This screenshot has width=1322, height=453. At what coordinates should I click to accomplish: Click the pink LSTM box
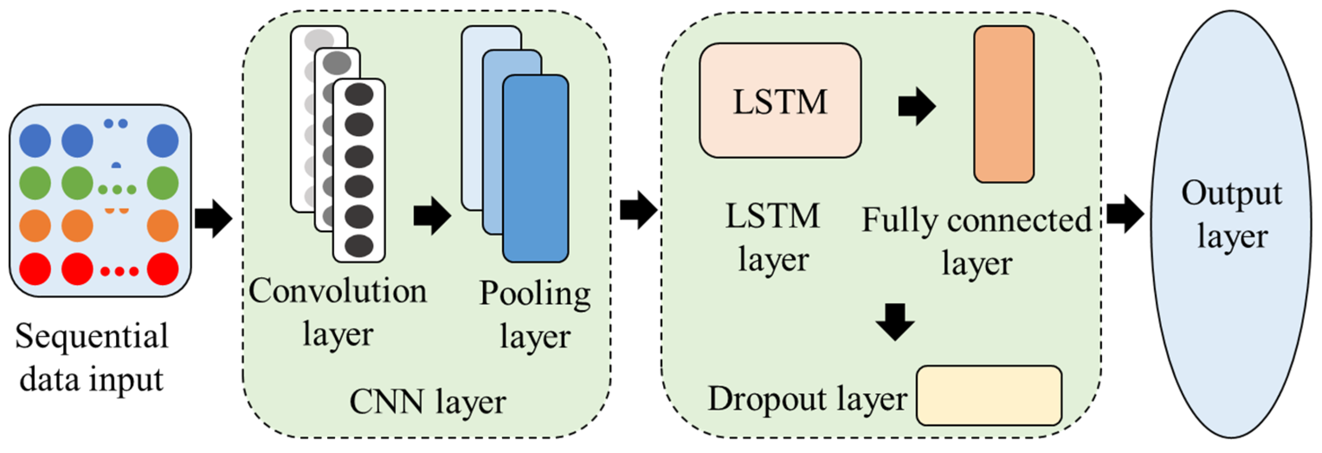coord(779,101)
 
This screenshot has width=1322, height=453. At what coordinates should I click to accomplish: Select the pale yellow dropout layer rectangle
coord(988,396)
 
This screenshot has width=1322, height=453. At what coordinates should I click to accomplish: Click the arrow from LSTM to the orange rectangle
coord(917,106)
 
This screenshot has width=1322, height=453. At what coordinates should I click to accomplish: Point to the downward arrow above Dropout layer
coord(895,321)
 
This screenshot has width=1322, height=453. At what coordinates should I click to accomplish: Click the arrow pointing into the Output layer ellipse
coord(1125,214)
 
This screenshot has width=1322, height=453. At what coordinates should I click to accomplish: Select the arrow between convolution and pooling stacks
coord(432,216)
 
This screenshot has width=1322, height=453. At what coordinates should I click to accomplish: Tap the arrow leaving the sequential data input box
coord(213,218)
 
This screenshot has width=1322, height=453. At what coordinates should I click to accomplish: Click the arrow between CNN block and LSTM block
coord(638,210)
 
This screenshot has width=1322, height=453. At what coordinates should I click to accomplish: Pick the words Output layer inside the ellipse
coord(1232,214)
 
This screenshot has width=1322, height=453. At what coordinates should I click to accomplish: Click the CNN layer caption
coord(427,401)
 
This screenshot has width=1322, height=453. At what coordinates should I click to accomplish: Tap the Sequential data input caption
coord(92,358)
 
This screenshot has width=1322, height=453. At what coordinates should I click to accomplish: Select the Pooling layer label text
coord(535,315)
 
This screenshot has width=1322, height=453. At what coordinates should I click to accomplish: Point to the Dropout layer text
coord(807,399)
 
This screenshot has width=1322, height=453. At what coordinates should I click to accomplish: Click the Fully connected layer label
coord(976,241)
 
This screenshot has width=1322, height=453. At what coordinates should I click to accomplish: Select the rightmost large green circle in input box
coord(163,183)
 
